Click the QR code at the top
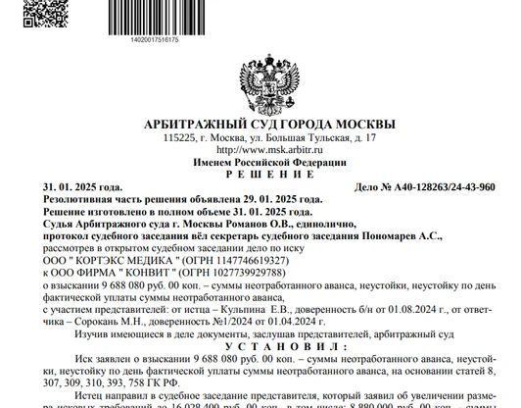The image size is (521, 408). tap(38, 12)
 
